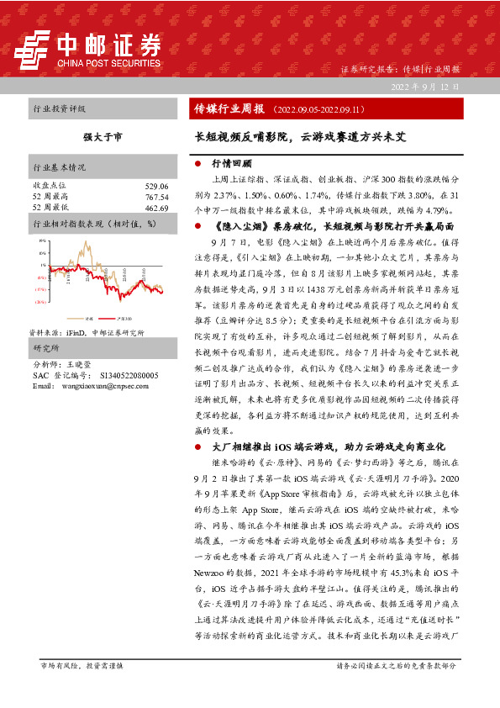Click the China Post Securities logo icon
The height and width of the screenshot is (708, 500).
point(36,49)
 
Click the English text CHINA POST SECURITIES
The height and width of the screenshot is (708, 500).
point(108,61)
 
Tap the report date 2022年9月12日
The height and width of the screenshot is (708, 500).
point(424,87)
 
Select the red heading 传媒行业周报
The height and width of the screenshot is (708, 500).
point(229,109)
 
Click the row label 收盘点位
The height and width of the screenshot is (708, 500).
point(49,185)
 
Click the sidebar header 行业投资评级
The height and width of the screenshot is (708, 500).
point(59,109)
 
